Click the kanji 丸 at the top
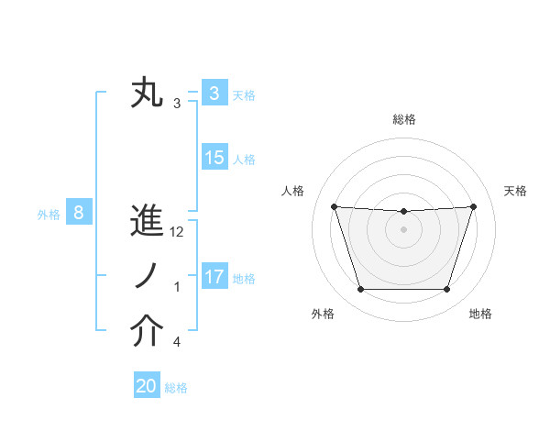148,93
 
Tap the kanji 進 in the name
148,223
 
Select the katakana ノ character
148,277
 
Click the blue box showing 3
214,94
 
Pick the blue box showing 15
214,158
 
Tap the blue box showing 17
214,277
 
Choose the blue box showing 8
79,214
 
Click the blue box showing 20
147,387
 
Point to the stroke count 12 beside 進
177,233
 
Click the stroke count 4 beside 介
177,343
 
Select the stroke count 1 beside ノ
177,288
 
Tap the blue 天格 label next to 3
244,94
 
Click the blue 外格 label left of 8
49,215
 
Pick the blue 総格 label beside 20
176,388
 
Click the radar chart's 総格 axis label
403,119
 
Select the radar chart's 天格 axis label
516,191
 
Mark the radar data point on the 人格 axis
334,206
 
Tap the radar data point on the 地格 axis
446,290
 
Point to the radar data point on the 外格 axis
360,290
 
